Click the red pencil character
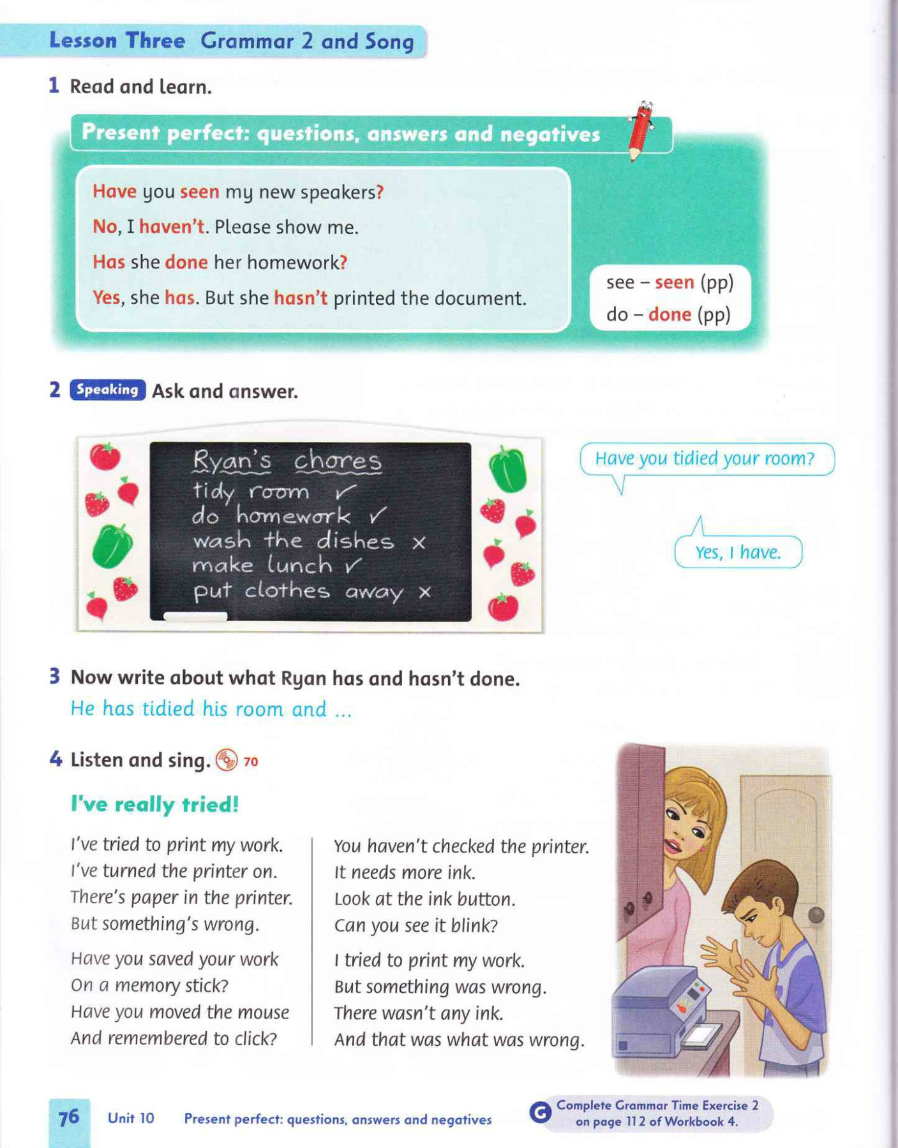click(x=639, y=130)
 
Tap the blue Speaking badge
click(x=107, y=390)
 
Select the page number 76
click(x=69, y=1117)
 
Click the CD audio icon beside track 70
click(x=227, y=760)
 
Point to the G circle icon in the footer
click(x=540, y=1113)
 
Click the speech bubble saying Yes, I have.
click(x=738, y=552)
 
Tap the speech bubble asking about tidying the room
click(x=705, y=459)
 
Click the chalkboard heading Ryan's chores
click(x=287, y=461)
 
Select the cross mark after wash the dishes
click(x=419, y=543)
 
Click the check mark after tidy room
click(x=345, y=492)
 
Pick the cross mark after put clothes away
click(x=425, y=592)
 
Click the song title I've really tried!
click(x=154, y=804)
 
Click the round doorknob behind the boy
click(x=816, y=915)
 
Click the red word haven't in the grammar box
click(x=172, y=226)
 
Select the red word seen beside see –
click(x=674, y=283)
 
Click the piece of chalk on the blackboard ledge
click(x=195, y=616)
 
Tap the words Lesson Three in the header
click(x=117, y=41)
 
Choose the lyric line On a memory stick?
click(x=149, y=985)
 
